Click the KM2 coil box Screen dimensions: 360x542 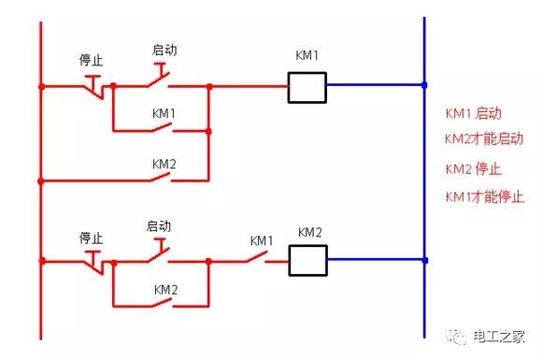click(307, 260)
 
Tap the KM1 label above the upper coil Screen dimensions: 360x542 click(307, 56)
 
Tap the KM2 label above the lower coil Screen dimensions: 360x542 click(309, 231)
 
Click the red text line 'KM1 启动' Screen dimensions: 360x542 click(473, 114)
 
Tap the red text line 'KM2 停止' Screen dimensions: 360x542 click(473, 170)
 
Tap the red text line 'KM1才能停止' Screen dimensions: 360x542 click(483, 196)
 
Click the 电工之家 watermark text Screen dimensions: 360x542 click(501, 334)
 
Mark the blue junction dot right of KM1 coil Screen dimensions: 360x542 click(424, 86)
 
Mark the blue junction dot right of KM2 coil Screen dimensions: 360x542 click(424, 260)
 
